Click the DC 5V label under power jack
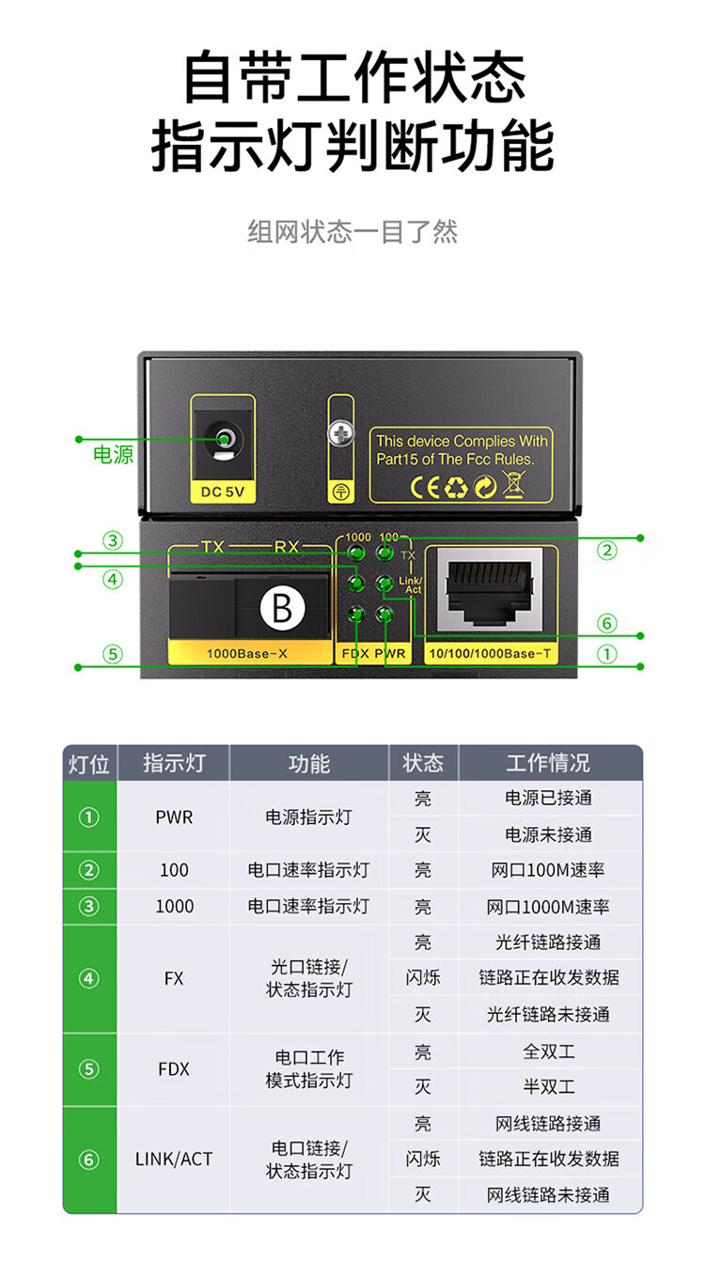223,490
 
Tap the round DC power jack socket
224,439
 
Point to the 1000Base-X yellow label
248,652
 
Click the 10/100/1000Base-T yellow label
491,652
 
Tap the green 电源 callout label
113,456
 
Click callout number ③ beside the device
113,540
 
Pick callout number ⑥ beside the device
607,623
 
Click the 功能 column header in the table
308,763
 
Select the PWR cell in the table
174,817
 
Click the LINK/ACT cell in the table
174,1159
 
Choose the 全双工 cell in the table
549,1051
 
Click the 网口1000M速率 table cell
549,907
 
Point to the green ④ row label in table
89,979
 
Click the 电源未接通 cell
549,834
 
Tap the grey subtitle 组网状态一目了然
352,231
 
